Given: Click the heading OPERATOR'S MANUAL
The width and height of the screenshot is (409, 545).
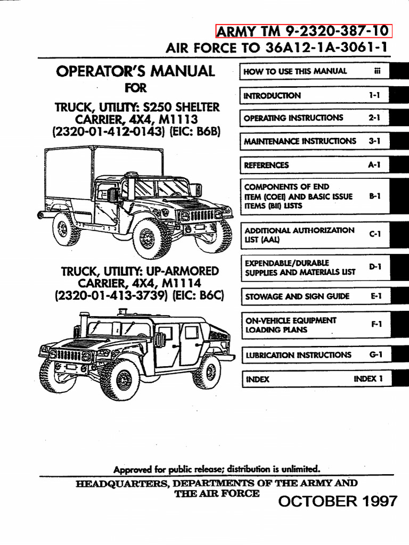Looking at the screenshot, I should [136, 71].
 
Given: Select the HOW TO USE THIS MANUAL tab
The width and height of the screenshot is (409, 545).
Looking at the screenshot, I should [295, 71].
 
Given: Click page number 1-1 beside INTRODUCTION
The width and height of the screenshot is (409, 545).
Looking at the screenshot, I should [375, 96].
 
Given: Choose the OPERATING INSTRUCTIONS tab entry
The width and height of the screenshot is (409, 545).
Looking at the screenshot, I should [293, 118].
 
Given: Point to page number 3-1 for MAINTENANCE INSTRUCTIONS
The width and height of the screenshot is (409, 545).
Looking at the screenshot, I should [375, 142].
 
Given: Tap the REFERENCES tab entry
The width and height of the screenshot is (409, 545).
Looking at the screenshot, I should [266, 165].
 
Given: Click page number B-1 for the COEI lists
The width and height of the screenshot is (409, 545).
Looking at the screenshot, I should [375, 196].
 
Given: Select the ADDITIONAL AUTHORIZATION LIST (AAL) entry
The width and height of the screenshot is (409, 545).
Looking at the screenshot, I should [299, 235].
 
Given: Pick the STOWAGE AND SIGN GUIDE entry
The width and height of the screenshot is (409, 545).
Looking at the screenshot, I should [297, 296].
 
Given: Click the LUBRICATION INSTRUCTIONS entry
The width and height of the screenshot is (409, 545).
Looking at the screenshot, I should [298, 355].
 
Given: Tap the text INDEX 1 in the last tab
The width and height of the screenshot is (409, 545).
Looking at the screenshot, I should [368, 379].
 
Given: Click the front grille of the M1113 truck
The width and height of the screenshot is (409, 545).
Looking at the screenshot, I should [202, 216].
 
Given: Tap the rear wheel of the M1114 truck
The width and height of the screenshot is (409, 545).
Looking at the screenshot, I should [207, 372].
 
